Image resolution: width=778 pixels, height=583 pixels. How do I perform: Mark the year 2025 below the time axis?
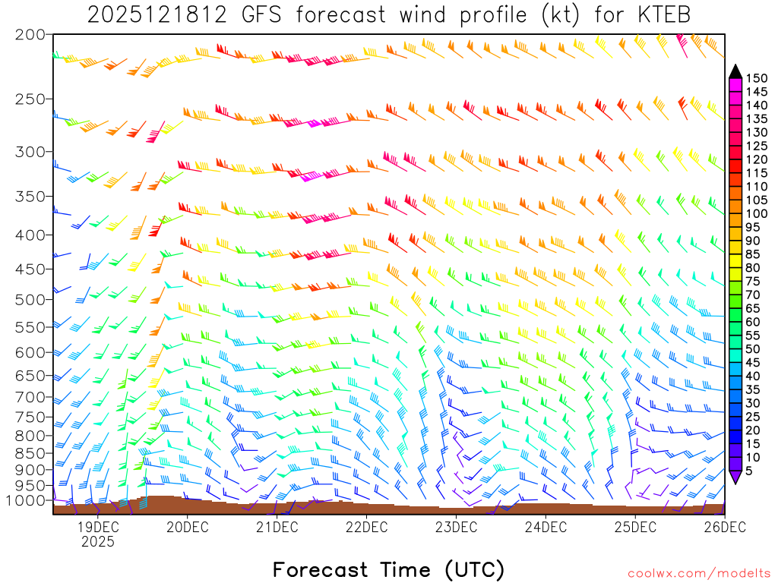(98, 542)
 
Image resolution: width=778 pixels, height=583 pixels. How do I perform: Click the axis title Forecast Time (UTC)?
(388, 569)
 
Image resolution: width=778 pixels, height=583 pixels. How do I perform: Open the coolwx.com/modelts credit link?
(698, 573)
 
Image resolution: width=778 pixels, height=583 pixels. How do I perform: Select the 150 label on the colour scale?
(757, 78)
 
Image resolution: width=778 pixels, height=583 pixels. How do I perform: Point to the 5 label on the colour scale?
(749, 471)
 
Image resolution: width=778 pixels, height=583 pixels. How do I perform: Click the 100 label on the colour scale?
(757, 214)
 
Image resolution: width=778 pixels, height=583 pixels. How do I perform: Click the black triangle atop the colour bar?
(735, 71)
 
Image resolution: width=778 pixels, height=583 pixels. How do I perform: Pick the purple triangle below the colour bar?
(735, 477)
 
